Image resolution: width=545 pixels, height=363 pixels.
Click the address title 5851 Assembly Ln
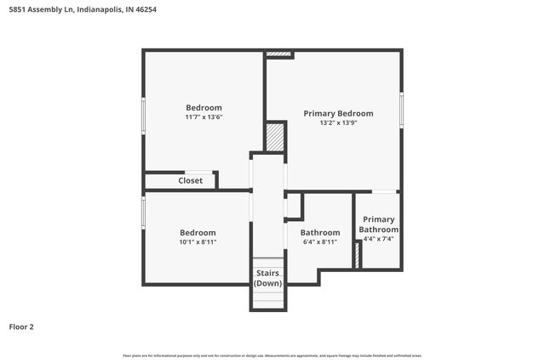point(82,10)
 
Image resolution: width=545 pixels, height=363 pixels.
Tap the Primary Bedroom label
point(338,113)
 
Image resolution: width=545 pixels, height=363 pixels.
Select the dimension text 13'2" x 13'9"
point(338,123)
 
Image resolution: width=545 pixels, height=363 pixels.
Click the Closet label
point(190,180)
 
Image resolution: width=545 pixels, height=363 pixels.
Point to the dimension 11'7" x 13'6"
point(204,117)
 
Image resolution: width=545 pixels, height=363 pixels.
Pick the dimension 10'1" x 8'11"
point(198,242)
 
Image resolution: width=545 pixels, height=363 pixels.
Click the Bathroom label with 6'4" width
point(319,232)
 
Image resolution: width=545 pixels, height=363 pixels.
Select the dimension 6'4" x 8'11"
point(319,242)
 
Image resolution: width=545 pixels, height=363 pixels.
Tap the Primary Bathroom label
point(378,224)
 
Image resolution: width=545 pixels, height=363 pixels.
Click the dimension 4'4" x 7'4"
point(378,240)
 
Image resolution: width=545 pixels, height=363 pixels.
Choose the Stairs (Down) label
point(267,278)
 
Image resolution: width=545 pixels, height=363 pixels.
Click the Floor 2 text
point(21,326)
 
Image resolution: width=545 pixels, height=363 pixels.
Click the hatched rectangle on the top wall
point(278,55)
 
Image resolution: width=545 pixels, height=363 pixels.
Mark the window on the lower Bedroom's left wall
point(143,213)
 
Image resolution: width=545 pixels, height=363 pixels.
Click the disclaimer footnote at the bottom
point(272,355)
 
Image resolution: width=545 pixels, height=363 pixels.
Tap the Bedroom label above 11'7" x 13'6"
point(204,107)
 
